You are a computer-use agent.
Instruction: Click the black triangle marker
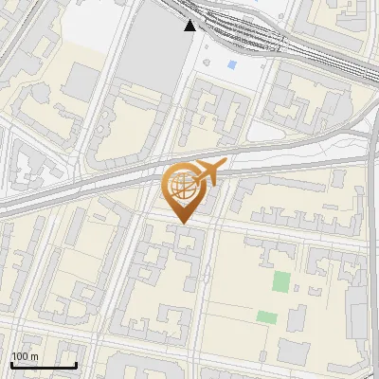pyautogui.click(x=190, y=25)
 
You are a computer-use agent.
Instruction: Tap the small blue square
pyautogui.click(x=233, y=64)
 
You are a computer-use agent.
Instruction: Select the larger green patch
pyautogui.click(x=281, y=280)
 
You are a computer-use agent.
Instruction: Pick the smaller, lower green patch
pyautogui.click(x=267, y=316)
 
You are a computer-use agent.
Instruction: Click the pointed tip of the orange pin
pyautogui.click(x=182, y=224)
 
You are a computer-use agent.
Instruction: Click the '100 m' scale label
pyautogui.click(x=25, y=356)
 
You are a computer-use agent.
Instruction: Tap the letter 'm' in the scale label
pyautogui.click(x=34, y=356)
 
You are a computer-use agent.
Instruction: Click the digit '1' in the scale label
pyautogui.click(x=14, y=356)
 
